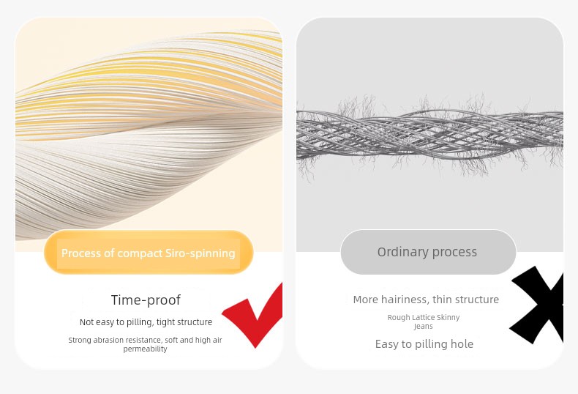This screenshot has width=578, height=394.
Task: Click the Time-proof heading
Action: click(146, 300)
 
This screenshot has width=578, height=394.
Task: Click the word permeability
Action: click(146, 349)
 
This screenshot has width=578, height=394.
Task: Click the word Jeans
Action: click(423, 327)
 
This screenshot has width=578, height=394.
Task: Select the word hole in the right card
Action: click(462, 343)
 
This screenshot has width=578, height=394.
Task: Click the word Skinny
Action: click(449, 318)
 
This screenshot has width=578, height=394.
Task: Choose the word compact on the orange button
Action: click(140, 253)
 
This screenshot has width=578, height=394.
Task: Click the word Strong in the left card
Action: click(80, 340)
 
